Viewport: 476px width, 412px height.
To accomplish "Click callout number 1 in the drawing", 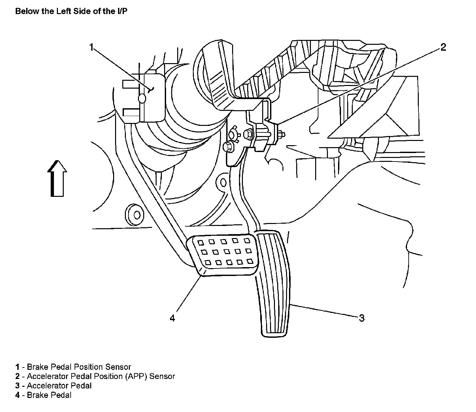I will pos(92,48).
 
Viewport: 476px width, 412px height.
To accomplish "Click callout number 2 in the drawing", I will pos(443,48).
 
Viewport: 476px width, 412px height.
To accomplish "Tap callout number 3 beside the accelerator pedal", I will pos(362,318).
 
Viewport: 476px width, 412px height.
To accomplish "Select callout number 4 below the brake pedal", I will pos(173,318).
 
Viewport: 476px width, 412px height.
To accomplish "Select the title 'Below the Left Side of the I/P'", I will pos(72,11).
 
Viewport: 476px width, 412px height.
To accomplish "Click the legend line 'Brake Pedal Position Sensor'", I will pos(73,367).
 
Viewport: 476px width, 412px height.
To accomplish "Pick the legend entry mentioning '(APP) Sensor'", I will pos(95,376).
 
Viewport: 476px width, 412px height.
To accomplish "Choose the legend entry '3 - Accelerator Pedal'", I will pos(54,386).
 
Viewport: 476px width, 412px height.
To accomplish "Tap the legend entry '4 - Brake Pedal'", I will pos(43,395).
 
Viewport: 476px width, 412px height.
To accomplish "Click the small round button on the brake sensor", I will pos(142,98).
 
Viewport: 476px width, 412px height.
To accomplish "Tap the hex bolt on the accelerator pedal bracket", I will pos(248,133).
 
